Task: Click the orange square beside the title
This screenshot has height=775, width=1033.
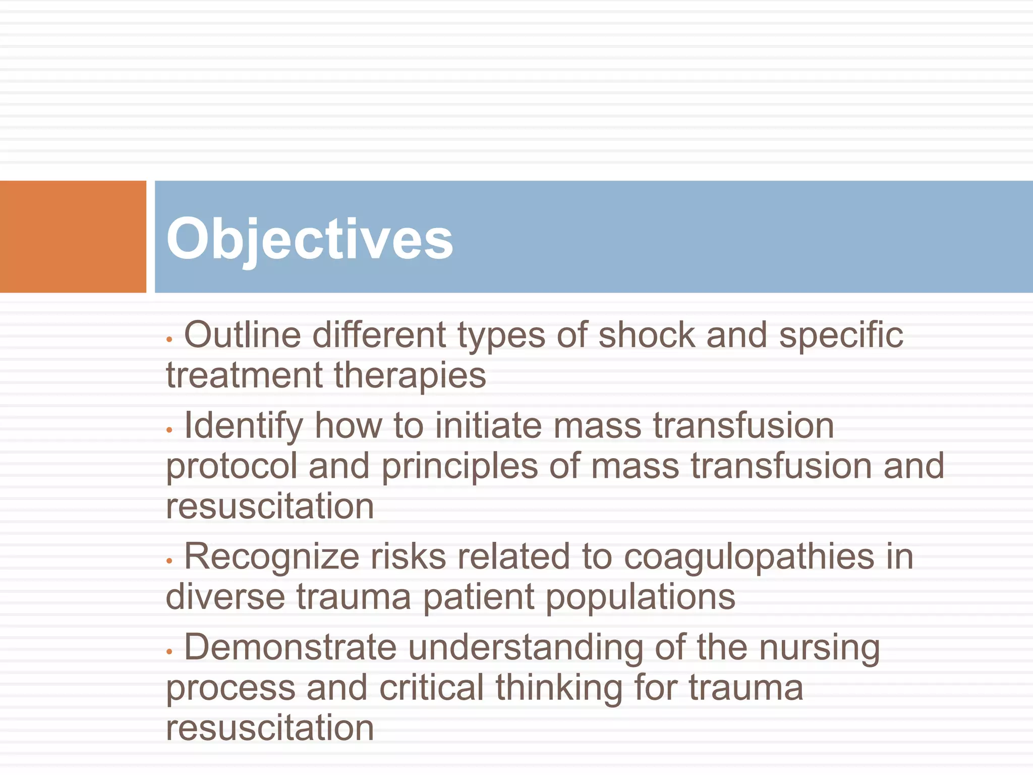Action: click(x=73, y=236)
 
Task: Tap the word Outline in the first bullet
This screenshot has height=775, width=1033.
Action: click(x=242, y=335)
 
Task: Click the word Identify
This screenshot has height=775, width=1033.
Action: click(x=243, y=427)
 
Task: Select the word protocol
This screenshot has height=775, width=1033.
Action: click(x=232, y=467)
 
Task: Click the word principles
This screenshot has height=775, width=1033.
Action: click(x=460, y=467)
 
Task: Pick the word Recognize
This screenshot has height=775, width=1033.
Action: click(x=271, y=558)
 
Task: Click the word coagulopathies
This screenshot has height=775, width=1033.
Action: click(x=749, y=558)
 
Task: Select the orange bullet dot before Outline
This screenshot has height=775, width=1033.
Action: click(x=169, y=340)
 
